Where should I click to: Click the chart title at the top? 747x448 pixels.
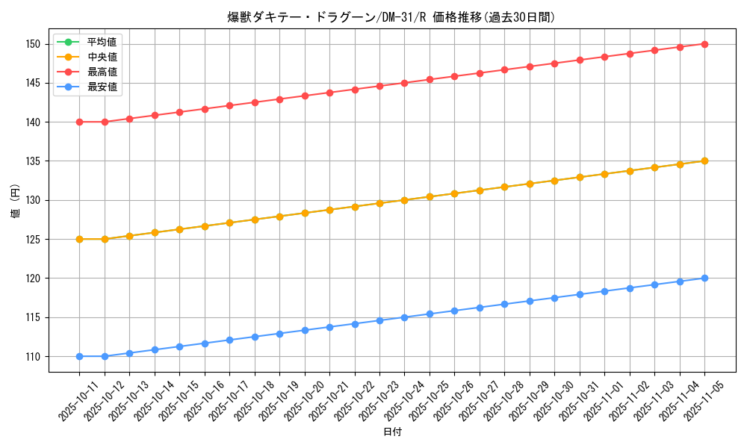point(391,17)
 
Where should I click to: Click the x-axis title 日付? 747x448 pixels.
point(392,432)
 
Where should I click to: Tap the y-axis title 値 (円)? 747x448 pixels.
point(16,200)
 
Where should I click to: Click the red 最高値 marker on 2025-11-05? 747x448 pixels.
point(704,44)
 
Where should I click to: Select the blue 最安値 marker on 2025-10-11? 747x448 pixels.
point(79,356)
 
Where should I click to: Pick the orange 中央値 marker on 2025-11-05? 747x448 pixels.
point(704,161)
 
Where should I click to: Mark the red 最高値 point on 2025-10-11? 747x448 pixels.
point(79,122)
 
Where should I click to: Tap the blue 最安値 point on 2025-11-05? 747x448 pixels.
point(704,278)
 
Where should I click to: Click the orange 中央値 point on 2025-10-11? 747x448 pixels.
point(79,239)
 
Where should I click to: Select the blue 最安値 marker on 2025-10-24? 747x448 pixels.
point(404,317)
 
